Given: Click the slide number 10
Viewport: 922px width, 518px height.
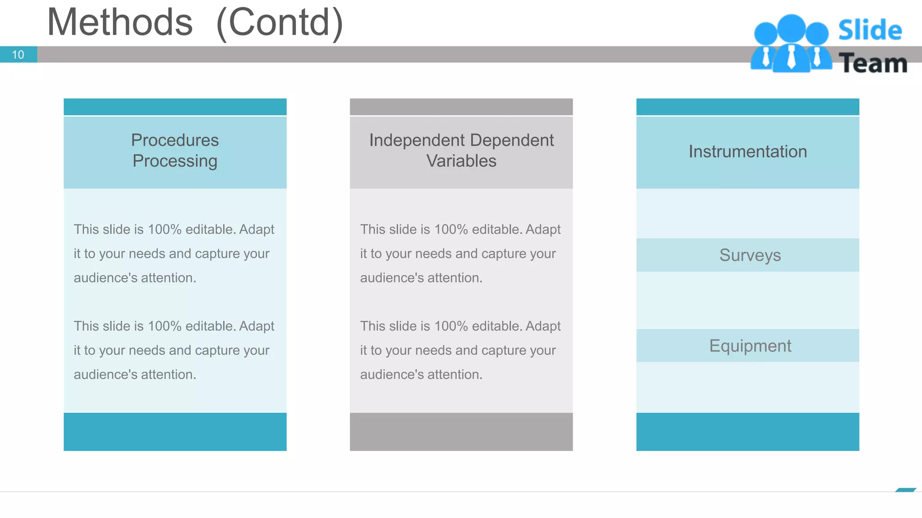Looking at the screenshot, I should [x=18, y=55].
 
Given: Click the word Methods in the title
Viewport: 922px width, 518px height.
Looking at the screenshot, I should [x=120, y=22].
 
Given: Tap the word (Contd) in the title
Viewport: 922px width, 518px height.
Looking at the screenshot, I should [x=280, y=22].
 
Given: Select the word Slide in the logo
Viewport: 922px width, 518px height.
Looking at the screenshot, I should [x=870, y=31].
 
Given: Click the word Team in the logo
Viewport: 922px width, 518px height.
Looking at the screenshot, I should [x=873, y=63].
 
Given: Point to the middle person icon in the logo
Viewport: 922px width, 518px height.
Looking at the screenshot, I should [x=791, y=45].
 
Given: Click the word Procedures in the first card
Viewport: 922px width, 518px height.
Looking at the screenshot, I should [x=175, y=140].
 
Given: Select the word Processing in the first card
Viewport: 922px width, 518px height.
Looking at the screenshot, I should [x=175, y=161].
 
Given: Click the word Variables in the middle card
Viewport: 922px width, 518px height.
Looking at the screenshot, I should [x=461, y=161].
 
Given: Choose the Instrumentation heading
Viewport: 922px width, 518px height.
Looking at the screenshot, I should [x=747, y=152].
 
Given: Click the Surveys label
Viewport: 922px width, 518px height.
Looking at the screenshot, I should [x=750, y=255].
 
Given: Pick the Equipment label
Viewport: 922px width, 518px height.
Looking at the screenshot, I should [x=750, y=346].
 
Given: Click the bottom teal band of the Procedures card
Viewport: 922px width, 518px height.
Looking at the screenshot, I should [x=175, y=432].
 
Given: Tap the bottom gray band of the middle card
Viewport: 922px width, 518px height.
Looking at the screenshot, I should [x=461, y=432].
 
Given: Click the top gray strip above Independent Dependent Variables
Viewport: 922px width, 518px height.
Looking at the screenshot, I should [x=461, y=107].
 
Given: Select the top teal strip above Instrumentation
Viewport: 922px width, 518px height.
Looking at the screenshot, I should [x=747, y=107].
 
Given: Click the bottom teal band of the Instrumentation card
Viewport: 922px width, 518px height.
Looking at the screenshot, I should [x=747, y=432].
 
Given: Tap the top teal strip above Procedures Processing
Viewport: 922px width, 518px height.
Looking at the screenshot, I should [x=175, y=107].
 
